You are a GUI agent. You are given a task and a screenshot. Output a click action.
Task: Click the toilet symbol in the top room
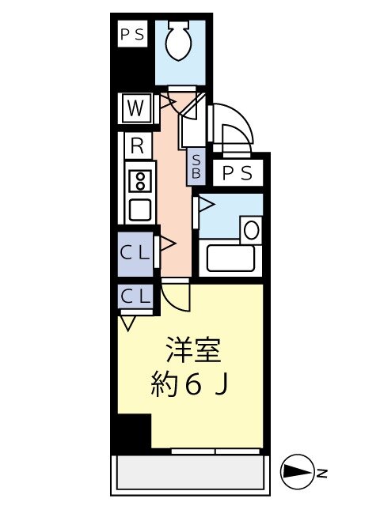click(x=179, y=42)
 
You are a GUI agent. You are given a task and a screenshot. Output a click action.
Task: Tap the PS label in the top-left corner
click(x=132, y=34)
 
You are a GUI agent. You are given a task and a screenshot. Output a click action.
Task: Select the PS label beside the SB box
click(x=237, y=173)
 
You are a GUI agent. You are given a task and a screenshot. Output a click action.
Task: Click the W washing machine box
click(x=135, y=108)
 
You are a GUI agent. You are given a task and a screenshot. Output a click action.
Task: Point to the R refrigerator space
click(x=137, y=146)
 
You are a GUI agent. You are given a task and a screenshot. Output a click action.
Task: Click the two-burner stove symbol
click(x=140, y=182)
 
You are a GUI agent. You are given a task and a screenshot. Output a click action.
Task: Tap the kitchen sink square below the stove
click(x=140, y=210)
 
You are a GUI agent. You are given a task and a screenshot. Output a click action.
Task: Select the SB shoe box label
click(x=196, y=167)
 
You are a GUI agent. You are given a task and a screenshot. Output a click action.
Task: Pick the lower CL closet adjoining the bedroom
click(x=135, y=296)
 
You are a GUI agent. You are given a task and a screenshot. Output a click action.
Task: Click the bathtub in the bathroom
click(x=230, y=258)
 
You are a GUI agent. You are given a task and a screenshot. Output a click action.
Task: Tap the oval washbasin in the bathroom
click(x=252, y=230)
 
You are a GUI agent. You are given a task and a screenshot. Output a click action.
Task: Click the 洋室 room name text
click(x=193, y=350)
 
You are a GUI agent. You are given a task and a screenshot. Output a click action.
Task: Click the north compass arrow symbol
click(x=298, y=473)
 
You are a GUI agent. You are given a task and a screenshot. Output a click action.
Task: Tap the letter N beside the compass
click(x=322, y=474)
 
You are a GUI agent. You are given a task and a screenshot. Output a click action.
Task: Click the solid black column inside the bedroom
click(x=135, y=431)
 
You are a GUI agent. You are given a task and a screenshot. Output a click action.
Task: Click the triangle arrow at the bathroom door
click(x=207, y=205)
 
